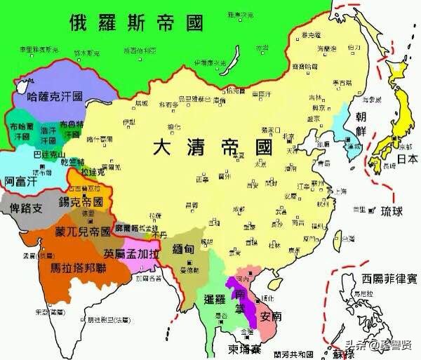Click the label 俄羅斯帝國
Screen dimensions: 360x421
pyautogui.click(x=136, y=22)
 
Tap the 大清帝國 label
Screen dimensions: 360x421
pyautogui.click(x=213, y=148)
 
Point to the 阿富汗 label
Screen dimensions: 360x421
pyautogui.click(x=19, y=180)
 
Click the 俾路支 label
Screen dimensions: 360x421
pyautogui.click(x=27, y=208)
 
